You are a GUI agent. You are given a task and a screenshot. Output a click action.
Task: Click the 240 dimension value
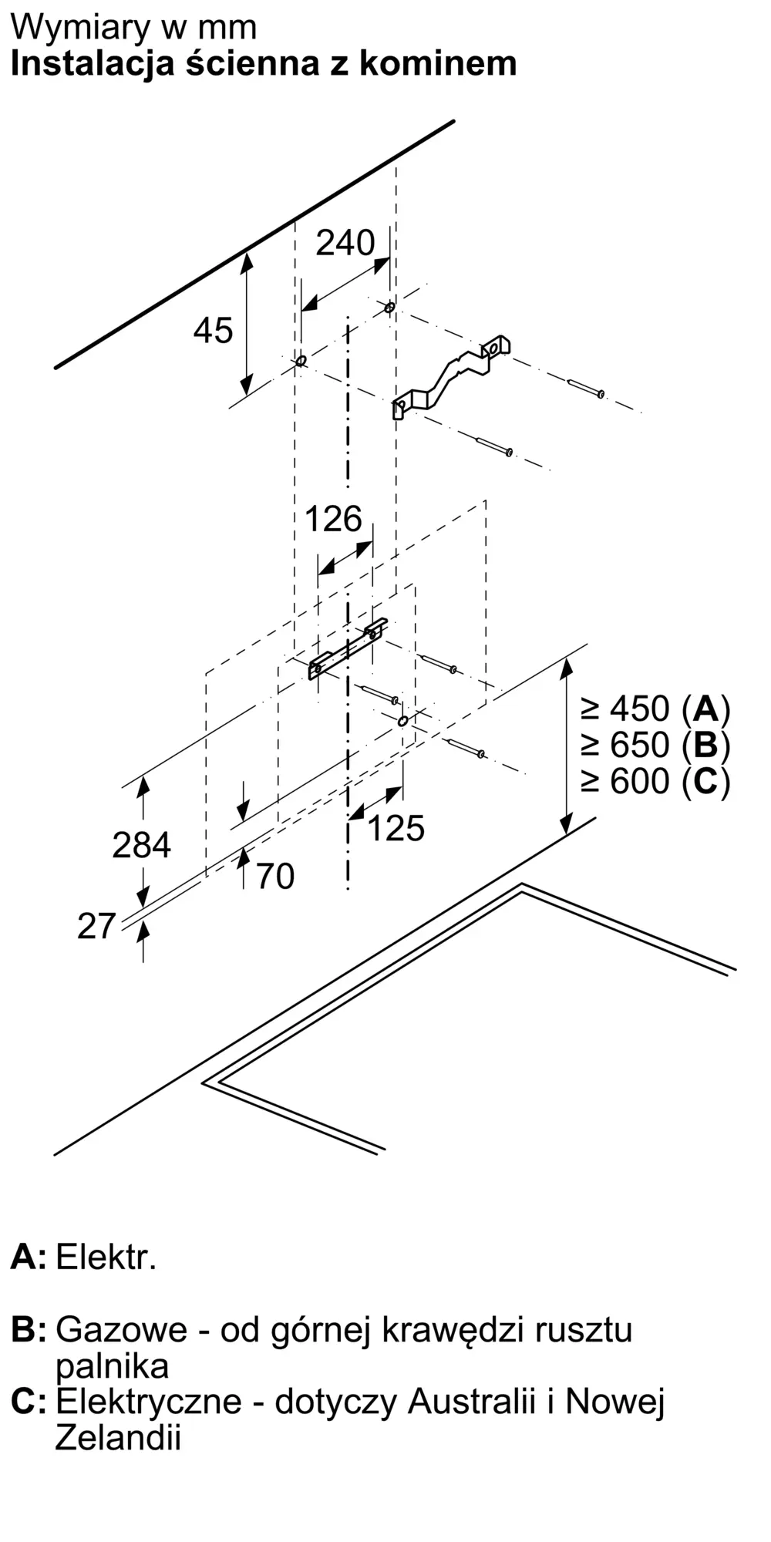point(345,243)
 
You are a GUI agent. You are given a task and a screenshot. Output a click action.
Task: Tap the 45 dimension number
point(213,331)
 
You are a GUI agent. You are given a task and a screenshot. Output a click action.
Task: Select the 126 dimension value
point(333,519)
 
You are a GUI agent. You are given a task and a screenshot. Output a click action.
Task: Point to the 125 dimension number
point(396,828)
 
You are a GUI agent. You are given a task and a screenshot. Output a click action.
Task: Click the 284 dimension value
point(141,845)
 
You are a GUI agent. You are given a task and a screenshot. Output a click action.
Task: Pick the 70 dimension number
point(275,877)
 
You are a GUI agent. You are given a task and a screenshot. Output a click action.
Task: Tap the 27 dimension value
point(96,926)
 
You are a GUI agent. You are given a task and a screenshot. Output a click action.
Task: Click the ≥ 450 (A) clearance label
point(655,709)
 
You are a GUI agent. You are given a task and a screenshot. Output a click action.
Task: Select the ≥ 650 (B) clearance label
point(655,745)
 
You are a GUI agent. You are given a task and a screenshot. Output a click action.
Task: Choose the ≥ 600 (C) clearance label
point(655,781)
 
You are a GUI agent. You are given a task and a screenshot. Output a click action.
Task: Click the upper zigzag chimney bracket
point(452,377)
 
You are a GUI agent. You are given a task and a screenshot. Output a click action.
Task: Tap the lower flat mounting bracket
point(348,648)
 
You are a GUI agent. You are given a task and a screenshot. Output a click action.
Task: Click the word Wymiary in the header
point(81,29)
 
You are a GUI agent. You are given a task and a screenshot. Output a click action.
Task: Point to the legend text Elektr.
point(106,1258)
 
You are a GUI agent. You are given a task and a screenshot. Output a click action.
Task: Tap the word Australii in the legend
point(471,1401)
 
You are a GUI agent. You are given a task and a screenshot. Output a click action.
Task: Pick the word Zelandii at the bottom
point(118,1437)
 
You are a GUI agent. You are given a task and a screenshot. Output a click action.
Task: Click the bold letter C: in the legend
point(29,1402)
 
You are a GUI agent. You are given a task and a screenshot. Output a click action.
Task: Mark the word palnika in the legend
point(112,1366)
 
